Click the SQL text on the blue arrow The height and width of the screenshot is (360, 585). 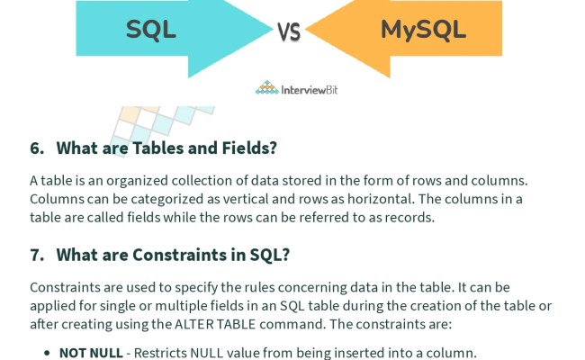(x=150, y=31)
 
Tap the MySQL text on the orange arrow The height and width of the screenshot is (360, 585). (x=423, y=31)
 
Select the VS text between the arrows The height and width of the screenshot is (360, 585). (x=288, y=33)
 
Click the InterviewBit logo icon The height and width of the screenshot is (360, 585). (x=267, y=88)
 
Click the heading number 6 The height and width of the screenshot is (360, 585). (x=37, y=148)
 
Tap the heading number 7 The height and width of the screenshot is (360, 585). (x=37, y=255)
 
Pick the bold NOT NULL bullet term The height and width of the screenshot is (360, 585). (x=90, y=353)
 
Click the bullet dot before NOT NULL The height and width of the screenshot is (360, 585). (x=48, y=354)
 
